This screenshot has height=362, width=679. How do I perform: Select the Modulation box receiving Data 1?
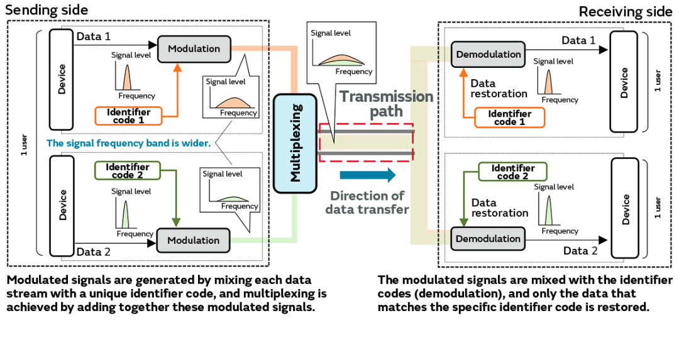click(194, 49)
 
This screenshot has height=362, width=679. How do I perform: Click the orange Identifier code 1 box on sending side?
click(129, 116)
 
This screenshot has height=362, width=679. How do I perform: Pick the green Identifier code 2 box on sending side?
click(128, 171)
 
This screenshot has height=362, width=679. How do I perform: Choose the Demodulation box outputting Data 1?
click(489, 54)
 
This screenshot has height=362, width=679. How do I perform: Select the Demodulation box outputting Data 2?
click(488, 239)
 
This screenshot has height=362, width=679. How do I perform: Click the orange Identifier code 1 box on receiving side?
click(509, 118)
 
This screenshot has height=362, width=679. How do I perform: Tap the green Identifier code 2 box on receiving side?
click(512, 172)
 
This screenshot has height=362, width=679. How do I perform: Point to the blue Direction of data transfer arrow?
click(368, 175)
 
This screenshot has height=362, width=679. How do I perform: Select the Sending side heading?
click(47, 10)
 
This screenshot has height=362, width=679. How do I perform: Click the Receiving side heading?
click(625, 11)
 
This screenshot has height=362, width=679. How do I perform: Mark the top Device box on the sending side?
click(62, 79)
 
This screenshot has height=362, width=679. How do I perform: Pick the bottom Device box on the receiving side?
click(626, 209)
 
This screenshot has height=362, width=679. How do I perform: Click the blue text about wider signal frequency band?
click(128, 143)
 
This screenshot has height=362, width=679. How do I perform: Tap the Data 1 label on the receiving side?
click(578, 40)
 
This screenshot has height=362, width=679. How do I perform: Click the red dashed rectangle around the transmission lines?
click(367, 143)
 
